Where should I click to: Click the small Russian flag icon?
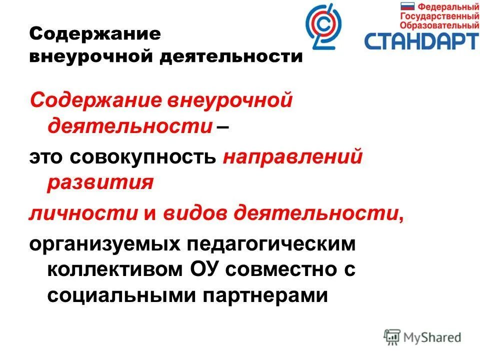click(x=408, y=7)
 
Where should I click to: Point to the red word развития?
click(x=100, y=182)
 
